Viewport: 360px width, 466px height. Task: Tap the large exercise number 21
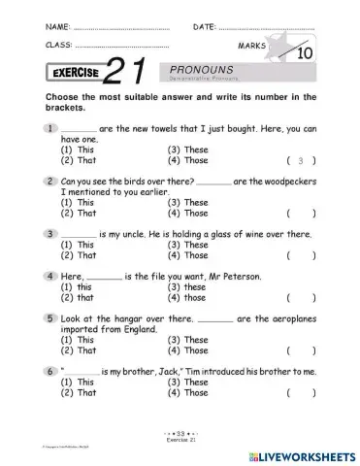click(128, 72)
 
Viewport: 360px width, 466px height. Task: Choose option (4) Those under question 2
click(188, 213)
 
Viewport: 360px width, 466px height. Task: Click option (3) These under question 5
click(188, 340)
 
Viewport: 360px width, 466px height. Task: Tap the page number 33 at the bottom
click(180, 427)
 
